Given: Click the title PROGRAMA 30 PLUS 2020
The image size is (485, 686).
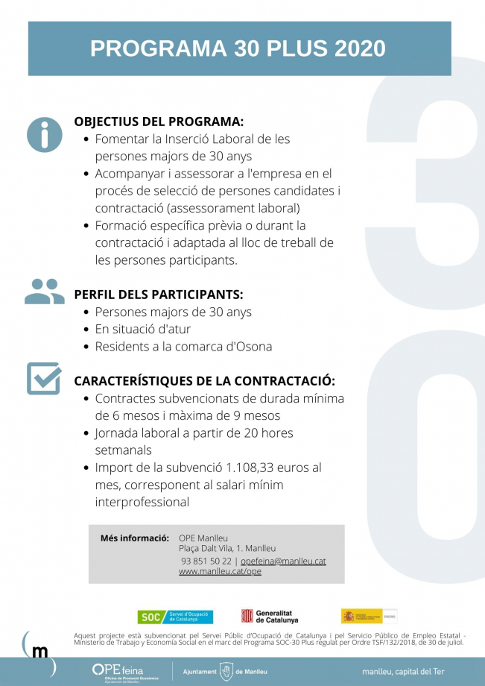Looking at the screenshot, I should (x=238, y=48).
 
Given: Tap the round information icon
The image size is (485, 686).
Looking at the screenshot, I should (x=45, y=135).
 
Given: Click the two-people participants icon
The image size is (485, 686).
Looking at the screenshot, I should (x=45, y=292).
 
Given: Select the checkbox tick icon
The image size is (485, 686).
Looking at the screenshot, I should (x=44, y=378).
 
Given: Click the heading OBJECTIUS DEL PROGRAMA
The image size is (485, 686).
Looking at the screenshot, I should (x=159, y=122).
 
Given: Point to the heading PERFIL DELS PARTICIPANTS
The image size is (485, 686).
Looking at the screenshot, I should (x=159, y=295).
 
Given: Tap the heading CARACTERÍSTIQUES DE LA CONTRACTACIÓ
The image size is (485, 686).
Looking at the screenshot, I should (x=204, y=381).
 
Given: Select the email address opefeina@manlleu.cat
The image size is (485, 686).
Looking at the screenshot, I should (x=283, y=561).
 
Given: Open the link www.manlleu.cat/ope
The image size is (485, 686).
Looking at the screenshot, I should (x=220, y=571).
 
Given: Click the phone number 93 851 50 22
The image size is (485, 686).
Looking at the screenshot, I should (x=206, y=561).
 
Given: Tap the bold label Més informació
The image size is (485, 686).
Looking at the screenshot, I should (x=135, y=538).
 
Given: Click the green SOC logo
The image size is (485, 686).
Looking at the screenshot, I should (x=175, y=617).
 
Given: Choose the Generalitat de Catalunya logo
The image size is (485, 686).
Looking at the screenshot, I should (x=270, y=617).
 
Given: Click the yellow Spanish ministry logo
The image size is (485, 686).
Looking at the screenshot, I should (x=361, y=616).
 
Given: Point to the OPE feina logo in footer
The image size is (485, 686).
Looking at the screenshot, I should (x=115, y=671).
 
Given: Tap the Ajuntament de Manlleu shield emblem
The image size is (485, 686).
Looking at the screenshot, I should (x=226, y=672).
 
